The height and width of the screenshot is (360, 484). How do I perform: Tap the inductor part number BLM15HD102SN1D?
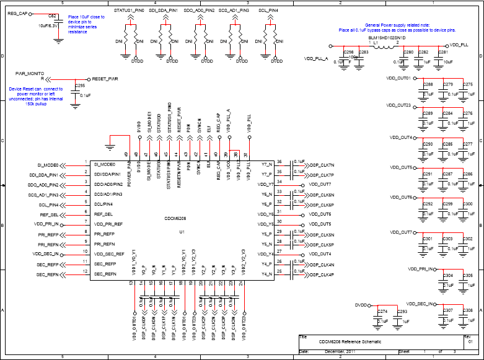click(x=387, y=38)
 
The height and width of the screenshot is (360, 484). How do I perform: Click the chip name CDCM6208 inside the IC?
click(x=175, y=219)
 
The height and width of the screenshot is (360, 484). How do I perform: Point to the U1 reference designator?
click(x=182, y=231)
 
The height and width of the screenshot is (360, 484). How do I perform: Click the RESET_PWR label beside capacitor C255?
click(x=104, y=79)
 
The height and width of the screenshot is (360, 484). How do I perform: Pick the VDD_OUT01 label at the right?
click(x=398, y=79)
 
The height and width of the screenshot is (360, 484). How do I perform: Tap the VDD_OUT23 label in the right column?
click(x=398, y=105)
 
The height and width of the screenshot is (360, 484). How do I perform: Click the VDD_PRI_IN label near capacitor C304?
click(x=421, y=270)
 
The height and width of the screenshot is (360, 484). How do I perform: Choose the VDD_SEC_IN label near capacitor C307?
click(x=421, y=304)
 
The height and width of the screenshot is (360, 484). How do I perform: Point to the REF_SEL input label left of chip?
click(x=49, y=214)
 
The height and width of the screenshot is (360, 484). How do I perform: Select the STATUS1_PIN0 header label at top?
click(x=128, y=11)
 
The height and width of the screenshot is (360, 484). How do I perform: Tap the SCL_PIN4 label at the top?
click(x=268, y=11)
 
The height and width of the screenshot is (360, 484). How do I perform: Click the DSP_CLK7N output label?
click(x=322, y=165)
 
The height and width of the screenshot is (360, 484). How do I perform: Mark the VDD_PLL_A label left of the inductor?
click(x=316, y=58)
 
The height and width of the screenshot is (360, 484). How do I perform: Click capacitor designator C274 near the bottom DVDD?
click(x=382, y=311)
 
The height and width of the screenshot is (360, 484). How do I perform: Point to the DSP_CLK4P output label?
click(x=322, y=274)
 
